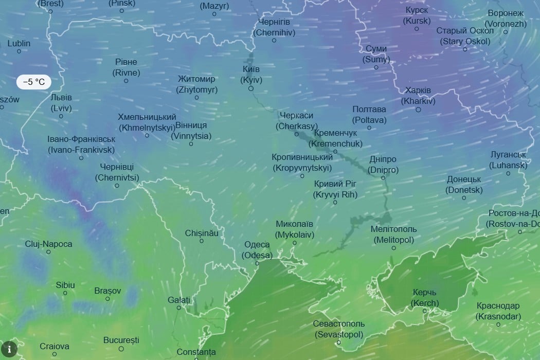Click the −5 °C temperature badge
click(x=34, y=82)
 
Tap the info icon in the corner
click(x=9, y=350)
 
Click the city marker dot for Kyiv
click(x=251, y=88)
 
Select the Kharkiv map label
click(x=418, y=96)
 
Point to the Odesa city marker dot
click(x=257, y=263)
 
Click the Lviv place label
click(x=61, y=103)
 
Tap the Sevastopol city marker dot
click(x=338, y=343)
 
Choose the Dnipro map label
click(x=383, y=165)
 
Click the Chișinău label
click(x=202, y=233)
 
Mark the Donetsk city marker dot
click(x=464, y=198)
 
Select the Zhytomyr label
click(x=197, y=84)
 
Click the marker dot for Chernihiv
click(x=274, y=40)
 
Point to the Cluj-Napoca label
click(x=49, y=244)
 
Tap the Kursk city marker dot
click(x=417, y=29)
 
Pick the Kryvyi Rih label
click(x=335, y=189)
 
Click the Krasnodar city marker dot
click(x=498, y=325)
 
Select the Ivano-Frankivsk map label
click(x=81, y=145)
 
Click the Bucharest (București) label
click(x=121, y=340)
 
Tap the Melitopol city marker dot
click(x=394, y=248)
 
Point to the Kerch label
click(x=425, y=298)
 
